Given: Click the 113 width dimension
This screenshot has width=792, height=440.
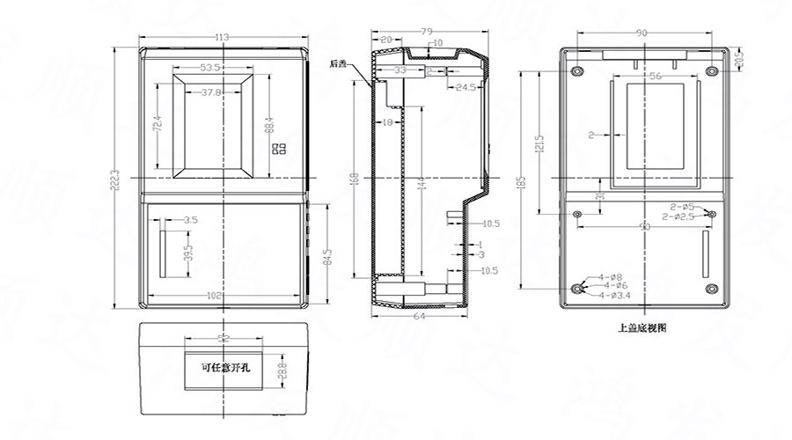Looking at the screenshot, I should pos(221,37).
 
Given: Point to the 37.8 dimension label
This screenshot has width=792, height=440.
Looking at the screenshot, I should pos(210,92).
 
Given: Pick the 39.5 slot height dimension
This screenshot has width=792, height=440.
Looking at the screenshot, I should pos(187,253).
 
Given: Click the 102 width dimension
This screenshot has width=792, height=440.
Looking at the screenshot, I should pos(214,296).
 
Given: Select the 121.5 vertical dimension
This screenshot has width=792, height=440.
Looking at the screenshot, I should pos(539,141).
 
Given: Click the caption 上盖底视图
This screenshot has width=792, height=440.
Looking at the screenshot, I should pos(642,327).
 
